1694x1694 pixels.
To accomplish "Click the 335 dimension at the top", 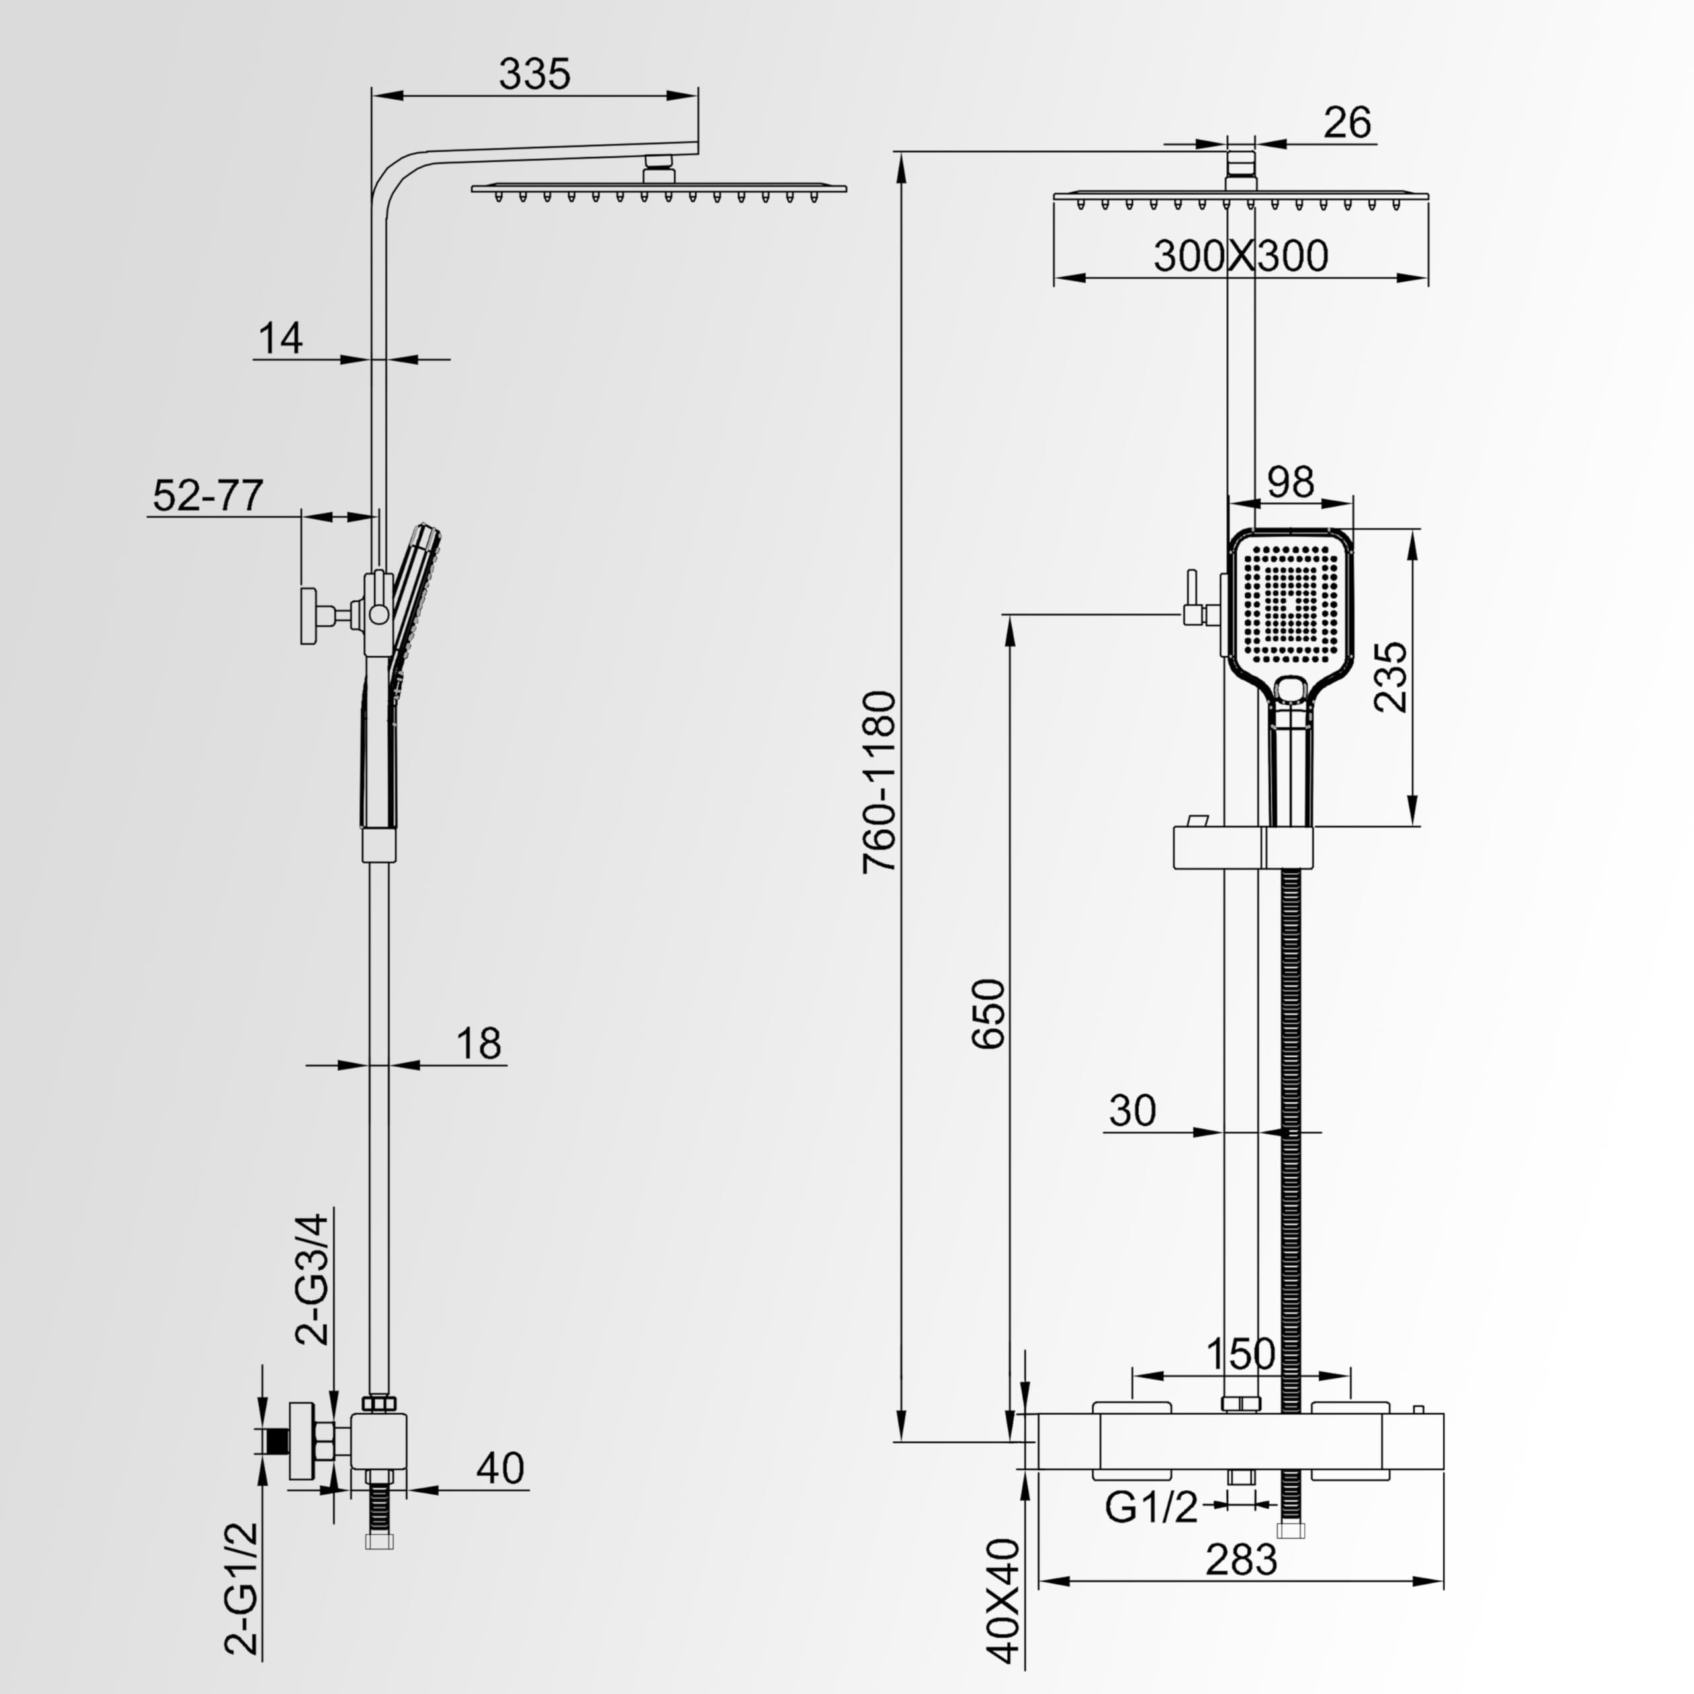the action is point(534,73).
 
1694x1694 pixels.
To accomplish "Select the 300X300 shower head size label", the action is point(1241,255).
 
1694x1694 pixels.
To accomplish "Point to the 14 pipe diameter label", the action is point(281,337).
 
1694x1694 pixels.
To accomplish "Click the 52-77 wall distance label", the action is point(208,496).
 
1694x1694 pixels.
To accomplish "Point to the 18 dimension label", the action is point(478,1044).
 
